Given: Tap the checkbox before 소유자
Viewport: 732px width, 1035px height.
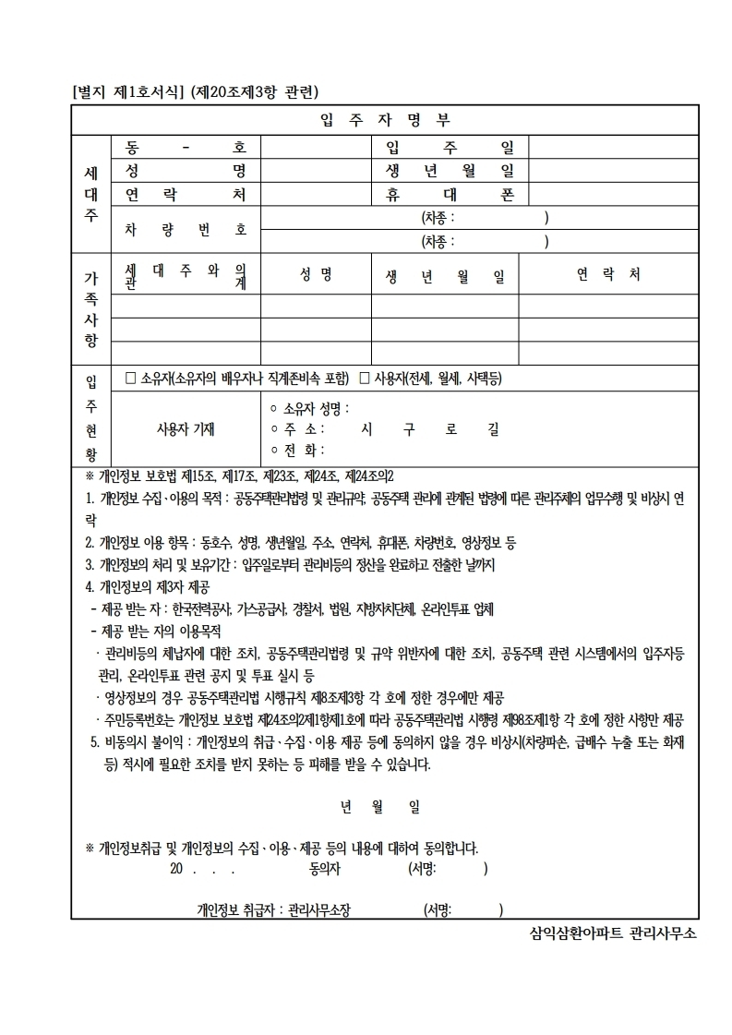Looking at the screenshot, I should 130,379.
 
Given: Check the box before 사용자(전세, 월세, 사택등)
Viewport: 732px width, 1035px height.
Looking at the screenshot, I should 364,379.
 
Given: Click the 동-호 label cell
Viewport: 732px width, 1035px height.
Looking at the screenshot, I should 186,148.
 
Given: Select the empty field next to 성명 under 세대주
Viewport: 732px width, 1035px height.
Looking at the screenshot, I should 316,171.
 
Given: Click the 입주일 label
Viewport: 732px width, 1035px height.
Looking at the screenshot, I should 449,148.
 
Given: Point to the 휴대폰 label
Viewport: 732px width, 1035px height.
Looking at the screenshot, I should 449,195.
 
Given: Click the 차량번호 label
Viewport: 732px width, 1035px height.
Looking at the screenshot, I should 186,229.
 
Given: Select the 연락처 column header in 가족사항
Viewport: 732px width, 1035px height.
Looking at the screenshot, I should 608,275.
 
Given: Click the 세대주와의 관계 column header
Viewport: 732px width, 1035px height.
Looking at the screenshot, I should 186,276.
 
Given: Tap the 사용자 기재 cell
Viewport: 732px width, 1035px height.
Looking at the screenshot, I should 186,428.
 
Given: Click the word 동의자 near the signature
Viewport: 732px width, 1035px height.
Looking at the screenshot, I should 326,869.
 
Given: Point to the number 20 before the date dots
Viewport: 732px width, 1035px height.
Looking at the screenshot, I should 177,869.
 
